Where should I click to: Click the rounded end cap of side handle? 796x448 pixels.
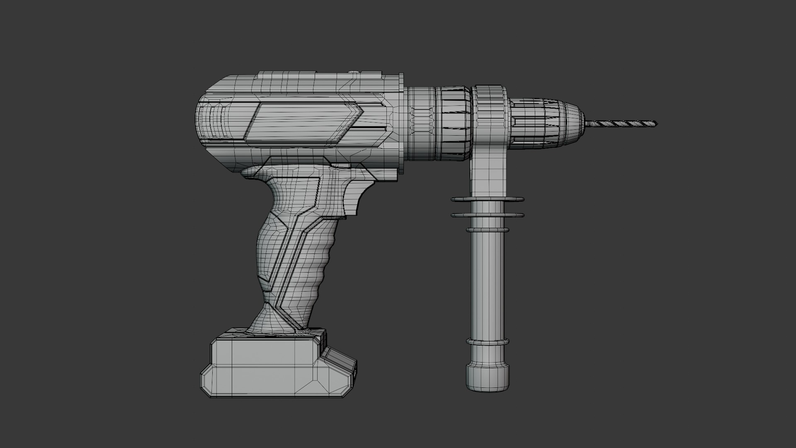[x=488, y=378]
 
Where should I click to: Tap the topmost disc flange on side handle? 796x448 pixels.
[x=488, y=200]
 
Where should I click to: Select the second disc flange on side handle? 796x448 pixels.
[x=488, y=215]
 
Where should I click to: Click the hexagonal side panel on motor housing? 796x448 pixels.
[x=303, y=123]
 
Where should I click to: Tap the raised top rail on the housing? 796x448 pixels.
[x=319, y=75]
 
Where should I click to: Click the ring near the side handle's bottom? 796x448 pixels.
[x=488, y=342]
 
